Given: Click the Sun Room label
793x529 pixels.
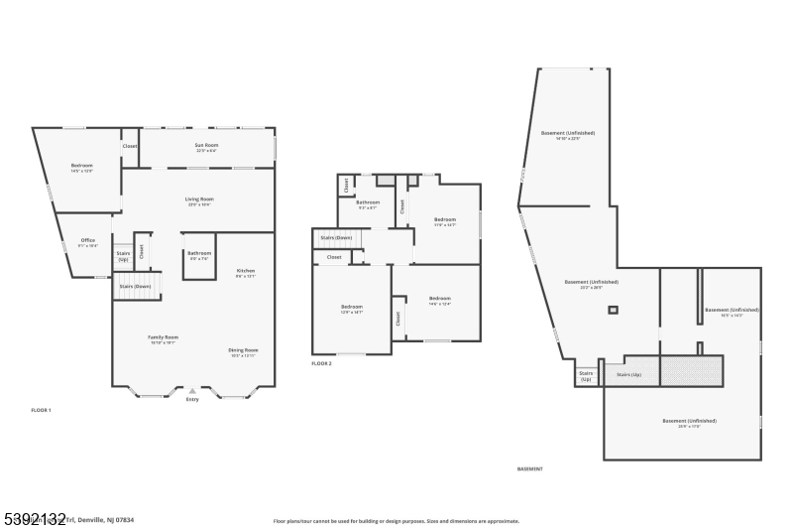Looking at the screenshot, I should coord(206,146).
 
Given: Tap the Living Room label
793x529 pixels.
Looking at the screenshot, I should coord(199,199).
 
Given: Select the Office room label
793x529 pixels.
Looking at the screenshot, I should coord(88,241).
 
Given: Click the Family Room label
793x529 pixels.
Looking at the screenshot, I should coord(163,338).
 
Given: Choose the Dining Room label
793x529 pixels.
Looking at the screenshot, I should coord(244,350).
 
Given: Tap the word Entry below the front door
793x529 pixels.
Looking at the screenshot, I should coord(191,400).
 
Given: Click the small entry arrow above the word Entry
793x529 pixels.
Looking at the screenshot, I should coord(191,392).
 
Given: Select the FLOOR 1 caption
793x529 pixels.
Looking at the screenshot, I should coord(41,410).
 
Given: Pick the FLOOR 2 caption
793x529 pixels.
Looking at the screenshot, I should coord(321,363).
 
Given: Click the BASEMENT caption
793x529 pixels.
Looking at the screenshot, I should coord(530,468).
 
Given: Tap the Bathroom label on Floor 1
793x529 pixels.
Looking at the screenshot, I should coord(199,253).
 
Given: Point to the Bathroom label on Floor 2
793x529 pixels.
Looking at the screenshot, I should coord(368,202).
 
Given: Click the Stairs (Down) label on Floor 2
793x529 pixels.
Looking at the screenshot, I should coord(336,238).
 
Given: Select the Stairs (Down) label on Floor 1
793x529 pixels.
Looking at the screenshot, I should coord(135,287).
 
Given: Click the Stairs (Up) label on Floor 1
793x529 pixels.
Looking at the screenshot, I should coord(123,256).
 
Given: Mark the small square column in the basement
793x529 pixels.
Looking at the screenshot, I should coord(613,311).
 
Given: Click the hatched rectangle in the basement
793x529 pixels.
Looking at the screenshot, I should coord(691,372).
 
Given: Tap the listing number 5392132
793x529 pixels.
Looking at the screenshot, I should coord(34,518).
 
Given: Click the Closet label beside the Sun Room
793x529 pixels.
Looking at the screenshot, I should coord(130,146).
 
